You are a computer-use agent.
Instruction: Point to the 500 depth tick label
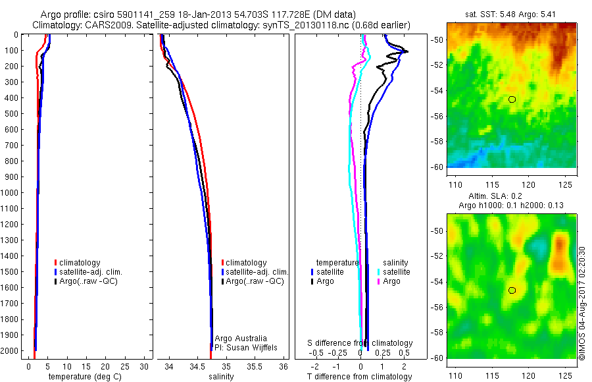(12, 113)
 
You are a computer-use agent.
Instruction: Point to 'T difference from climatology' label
(360, 377)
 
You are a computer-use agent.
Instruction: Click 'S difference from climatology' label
(360, 343)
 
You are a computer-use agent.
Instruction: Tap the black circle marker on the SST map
(512, 99)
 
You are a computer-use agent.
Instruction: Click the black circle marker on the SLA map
(512, 290)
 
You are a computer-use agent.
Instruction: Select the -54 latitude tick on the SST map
(438, 91)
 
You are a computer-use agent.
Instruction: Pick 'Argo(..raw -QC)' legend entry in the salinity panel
(254, 281)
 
